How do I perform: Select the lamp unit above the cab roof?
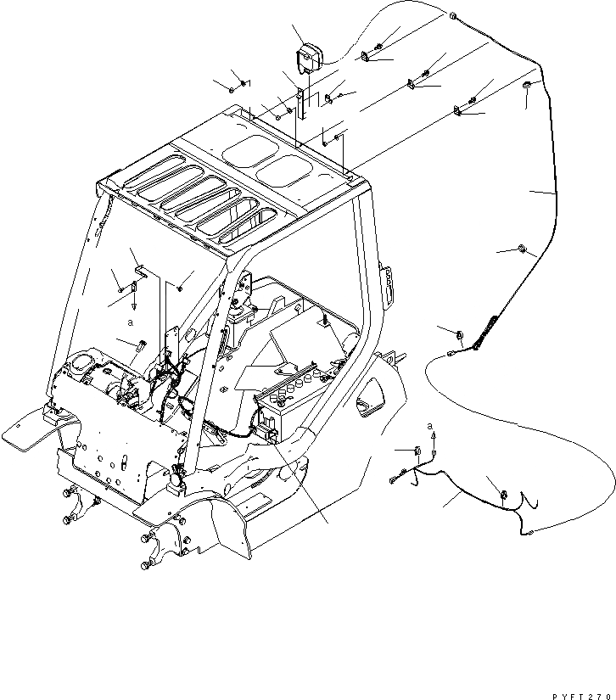[x=305, y=62]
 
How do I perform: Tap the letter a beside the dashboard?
[x=131, y=323]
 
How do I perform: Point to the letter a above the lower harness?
[x=430, y=424]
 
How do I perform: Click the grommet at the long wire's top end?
[x=454, y=17]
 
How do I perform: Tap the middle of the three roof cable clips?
[x=412, y=83]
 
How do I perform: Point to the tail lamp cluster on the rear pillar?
[x=389, y=285]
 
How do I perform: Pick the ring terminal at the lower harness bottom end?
[x=529, y=532]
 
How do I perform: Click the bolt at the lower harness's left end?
[x=395, y=482]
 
